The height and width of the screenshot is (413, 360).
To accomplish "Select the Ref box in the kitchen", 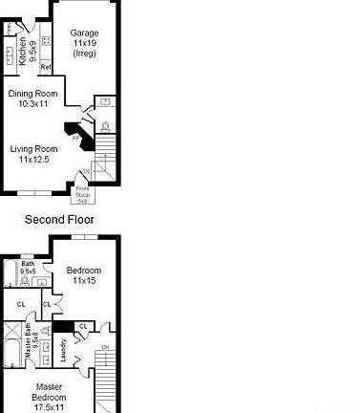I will pyautogui.click(x=45, y=67).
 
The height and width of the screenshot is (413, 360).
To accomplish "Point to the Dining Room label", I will pyautogui.click(x=33, y=99).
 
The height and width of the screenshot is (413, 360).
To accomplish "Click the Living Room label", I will pyautogui.click(x=34, y=154).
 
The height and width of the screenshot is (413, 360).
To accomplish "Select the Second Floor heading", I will pyautogui.click(x=59, y=220).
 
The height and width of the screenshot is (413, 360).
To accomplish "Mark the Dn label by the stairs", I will pyautogui.click(x=106, y=347).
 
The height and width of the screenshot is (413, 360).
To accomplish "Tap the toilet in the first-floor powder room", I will pyautogui.click(x=105, y=125).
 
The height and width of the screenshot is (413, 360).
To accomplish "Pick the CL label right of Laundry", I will pyautogui.click(x=83, y=326).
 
